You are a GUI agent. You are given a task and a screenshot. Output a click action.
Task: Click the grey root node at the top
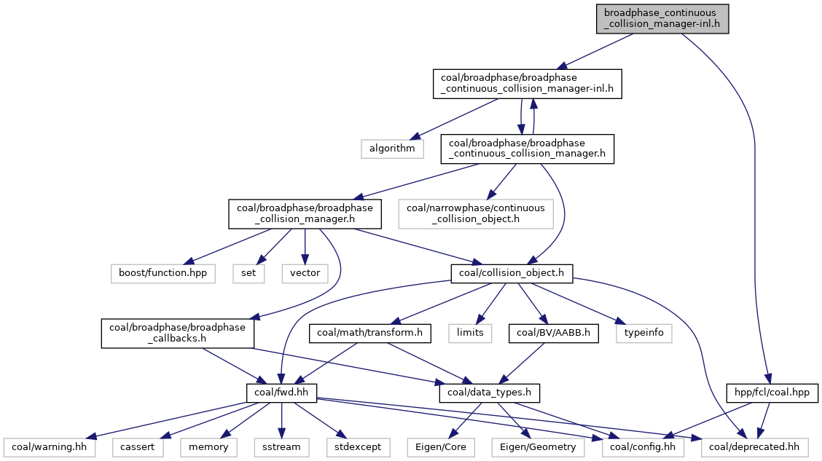662,18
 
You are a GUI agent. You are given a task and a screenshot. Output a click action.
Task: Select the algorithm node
391,148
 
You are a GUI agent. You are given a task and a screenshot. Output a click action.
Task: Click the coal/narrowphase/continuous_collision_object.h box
475,213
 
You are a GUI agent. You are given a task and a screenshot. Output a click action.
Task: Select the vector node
304,274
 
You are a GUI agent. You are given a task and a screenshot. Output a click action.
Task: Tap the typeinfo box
644,334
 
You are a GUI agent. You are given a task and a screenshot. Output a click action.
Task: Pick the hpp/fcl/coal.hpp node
772,393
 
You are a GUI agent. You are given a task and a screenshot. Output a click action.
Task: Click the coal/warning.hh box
49,446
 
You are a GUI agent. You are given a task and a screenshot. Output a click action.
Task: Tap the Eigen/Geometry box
539,446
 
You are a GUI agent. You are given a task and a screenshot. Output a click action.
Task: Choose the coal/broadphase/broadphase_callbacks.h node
178,334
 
